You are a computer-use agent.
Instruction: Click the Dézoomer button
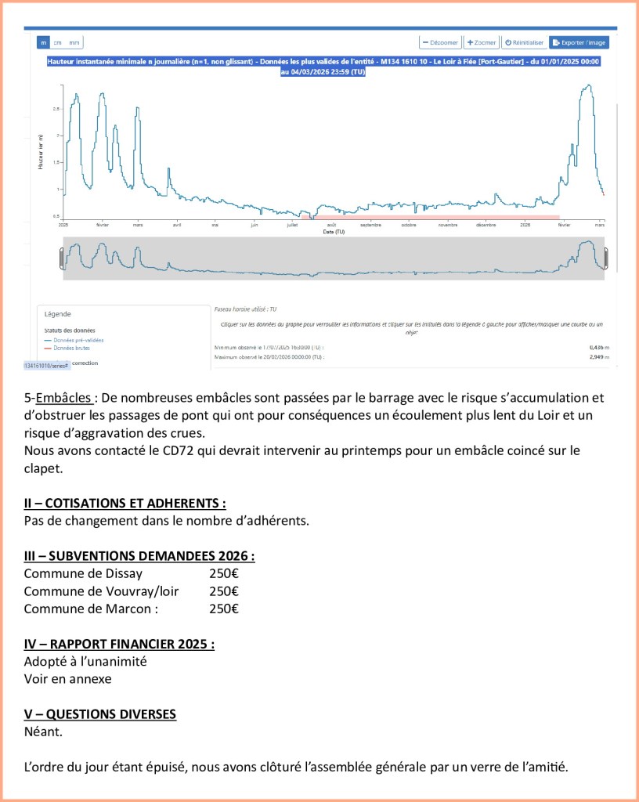tap(439, 42)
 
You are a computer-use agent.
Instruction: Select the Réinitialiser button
tap(524, 42)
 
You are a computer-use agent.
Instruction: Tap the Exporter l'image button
tap(579, 42)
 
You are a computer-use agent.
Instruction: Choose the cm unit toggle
tap(58, 42)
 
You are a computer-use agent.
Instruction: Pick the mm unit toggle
tap(74, 42)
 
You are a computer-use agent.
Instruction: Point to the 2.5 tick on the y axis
tap(56, 109)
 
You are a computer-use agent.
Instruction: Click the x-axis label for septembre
tap(370, 226)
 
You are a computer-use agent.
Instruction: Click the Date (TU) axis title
tap(334, 232)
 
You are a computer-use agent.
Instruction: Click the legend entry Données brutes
tap(72, 348)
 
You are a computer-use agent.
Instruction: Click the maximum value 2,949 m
tap(600, 357)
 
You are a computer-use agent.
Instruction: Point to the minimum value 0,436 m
tap(600, 346)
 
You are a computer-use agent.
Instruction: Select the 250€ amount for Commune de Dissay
tap(224, 574)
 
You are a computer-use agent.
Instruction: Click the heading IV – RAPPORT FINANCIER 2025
tap(119, 644)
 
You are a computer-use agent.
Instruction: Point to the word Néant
tap(43, 732)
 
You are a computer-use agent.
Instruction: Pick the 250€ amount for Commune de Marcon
tap(224, 609)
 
